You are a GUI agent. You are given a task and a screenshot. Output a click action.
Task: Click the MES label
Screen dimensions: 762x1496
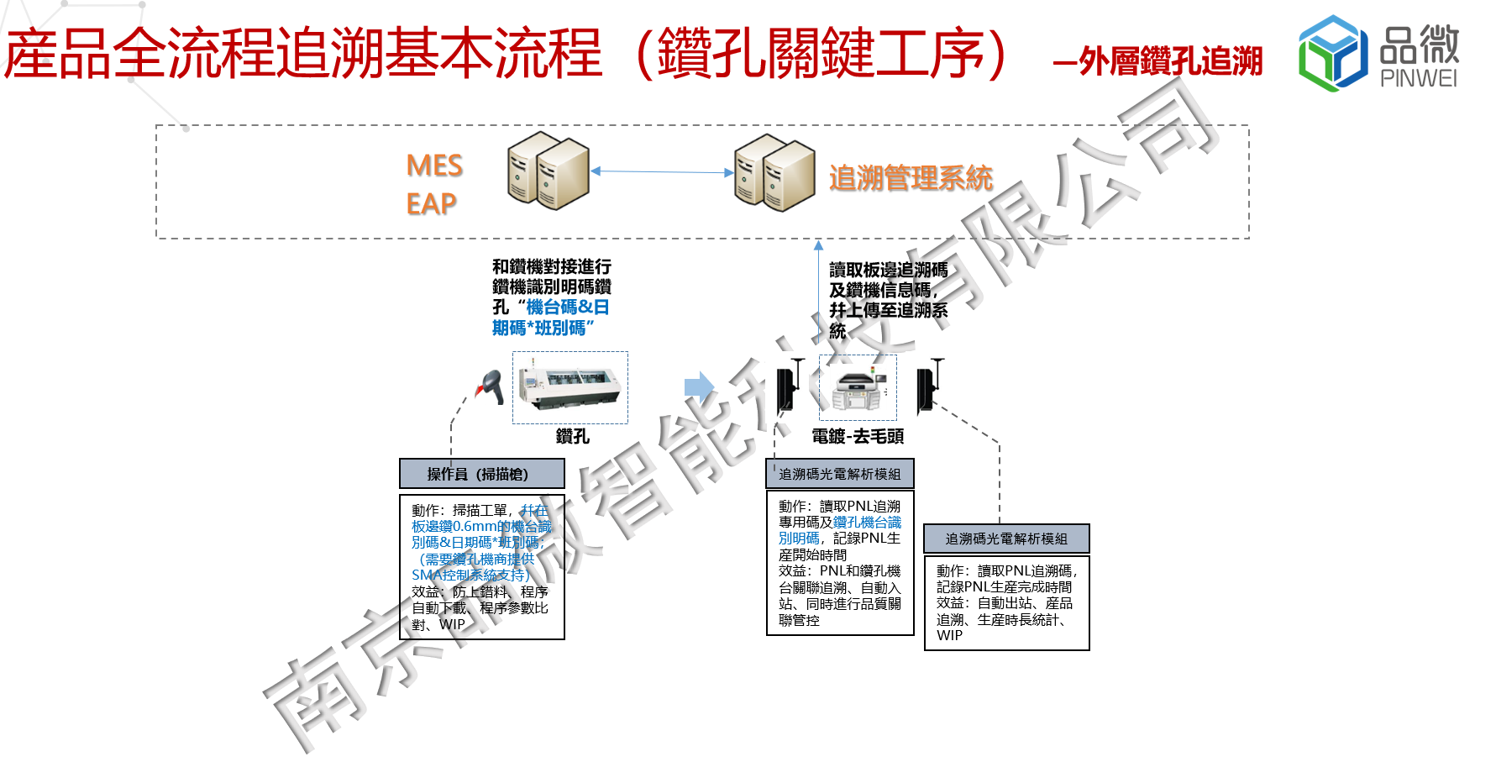434,166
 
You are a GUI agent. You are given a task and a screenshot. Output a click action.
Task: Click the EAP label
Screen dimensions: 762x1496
431,203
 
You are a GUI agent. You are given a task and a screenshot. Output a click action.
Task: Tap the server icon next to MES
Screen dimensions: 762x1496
548,171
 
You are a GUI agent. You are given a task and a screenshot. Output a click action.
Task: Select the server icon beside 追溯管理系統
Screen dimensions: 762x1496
774,172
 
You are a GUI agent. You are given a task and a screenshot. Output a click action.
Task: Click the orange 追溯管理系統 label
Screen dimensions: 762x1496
911,178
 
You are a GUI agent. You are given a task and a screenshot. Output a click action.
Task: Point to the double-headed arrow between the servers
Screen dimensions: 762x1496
662,171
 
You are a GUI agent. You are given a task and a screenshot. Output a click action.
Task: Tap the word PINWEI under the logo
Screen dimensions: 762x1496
1419,79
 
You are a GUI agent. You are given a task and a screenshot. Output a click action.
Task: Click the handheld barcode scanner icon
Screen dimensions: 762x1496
490,386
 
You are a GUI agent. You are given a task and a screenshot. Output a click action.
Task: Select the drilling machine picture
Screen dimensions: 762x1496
570,387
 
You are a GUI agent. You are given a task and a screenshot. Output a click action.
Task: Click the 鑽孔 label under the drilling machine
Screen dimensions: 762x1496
572,436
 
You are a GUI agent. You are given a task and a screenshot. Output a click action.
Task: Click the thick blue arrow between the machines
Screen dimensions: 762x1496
699,387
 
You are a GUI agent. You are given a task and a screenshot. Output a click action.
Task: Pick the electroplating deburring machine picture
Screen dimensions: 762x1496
858,387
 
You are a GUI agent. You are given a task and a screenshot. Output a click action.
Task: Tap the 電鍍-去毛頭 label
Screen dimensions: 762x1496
858,436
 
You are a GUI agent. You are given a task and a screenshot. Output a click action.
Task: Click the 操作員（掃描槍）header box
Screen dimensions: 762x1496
481,474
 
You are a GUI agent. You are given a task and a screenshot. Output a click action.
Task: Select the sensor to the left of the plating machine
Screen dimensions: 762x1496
788,386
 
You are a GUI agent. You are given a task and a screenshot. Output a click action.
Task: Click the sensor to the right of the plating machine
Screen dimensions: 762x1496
927,386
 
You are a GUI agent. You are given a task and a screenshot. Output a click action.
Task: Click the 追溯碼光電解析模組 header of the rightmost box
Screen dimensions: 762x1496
1006,539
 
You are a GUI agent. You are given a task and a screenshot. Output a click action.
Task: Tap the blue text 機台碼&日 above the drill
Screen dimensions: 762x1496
568,307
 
